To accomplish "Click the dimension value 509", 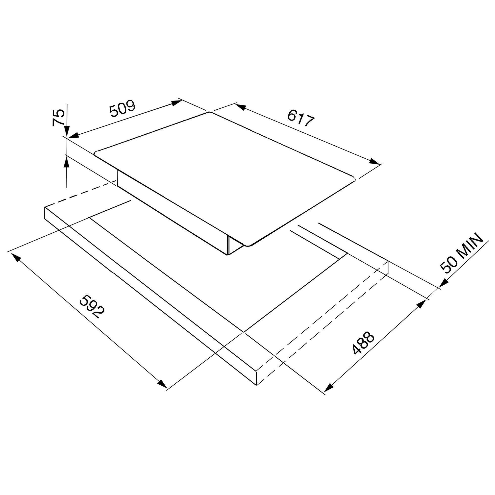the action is click(122, 108).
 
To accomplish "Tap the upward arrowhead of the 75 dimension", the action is click(66, 161).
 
